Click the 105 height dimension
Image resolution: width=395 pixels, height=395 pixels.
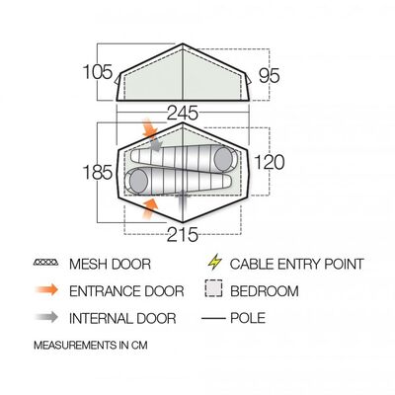coord(98,72)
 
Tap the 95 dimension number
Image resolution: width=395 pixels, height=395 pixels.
coord(269,75)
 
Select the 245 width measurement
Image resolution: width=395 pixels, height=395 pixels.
coord(183,113)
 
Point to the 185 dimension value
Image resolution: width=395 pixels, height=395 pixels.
coord(98,172)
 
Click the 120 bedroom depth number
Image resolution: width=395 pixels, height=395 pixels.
coord(270,162)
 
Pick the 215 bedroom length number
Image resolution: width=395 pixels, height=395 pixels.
coord(183,235)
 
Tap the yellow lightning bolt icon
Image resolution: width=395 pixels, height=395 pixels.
coord(215,262)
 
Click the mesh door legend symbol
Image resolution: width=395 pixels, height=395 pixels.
coord(46,263)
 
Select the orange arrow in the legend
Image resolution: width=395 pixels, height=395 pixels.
coord(46,290)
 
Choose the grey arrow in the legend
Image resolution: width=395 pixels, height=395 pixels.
coord(46,317)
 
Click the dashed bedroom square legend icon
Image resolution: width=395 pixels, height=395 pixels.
coord(213,288)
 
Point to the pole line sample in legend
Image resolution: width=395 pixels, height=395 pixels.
coord(213,318)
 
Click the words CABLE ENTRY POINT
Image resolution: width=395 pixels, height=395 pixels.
coord(297,264)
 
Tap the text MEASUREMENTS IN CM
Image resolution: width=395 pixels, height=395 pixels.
coord(91,346)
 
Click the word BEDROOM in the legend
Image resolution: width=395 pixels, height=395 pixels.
coord(265,291)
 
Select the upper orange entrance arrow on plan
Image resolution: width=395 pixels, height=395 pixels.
coord(150,129)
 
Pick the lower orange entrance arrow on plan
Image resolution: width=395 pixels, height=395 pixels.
coord(150,208)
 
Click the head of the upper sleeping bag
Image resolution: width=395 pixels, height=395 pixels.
coord(224,159)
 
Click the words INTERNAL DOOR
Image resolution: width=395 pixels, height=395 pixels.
coord(122,318)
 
